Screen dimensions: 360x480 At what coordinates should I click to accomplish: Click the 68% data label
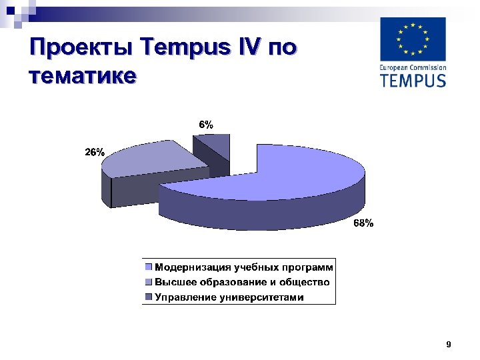363,224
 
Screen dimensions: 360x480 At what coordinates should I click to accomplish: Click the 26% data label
94,152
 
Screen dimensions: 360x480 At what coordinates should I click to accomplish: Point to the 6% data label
206,125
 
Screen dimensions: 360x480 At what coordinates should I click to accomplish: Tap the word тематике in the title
83,74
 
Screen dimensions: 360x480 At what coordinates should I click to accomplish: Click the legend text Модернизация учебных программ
244,267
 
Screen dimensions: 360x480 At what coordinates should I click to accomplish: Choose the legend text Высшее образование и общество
242,282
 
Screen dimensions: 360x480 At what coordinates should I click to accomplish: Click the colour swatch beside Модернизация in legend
150,267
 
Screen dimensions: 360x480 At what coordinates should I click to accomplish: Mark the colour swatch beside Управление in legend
150,297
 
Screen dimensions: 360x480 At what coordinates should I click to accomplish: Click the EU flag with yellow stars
413,39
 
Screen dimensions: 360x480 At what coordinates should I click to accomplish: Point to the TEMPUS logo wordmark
413,81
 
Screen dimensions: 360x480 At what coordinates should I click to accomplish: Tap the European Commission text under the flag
413,67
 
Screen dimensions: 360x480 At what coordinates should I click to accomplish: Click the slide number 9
448,345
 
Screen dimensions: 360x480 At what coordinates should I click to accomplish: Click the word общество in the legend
306,282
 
